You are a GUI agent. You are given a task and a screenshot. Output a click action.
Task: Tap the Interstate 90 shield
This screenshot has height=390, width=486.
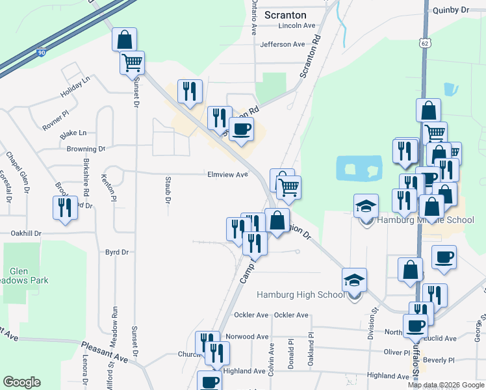(x=41, y=52)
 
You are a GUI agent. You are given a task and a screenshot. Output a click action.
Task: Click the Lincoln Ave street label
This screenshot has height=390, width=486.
(x=296, y=26)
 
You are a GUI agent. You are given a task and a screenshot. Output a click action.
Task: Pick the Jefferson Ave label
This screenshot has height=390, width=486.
(x=282, y=45)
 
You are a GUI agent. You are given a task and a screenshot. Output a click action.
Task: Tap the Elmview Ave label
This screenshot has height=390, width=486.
(x=227, y=175)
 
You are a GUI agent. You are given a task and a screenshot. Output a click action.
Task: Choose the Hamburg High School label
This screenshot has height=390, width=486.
(x=301, y=294)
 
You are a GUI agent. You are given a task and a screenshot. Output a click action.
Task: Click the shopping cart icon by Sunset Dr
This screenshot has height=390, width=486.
(x=132, y=62)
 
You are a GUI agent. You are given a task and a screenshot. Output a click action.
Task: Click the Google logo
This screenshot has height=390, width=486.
(x=21, y=382)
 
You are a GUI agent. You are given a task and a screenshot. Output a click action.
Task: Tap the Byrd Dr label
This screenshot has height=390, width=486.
(x=117, y=252)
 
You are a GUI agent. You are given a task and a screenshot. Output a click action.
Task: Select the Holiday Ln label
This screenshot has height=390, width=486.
(x=75, y=89)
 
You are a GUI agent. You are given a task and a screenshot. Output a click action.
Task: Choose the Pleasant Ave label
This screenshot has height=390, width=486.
(x=105, y=353)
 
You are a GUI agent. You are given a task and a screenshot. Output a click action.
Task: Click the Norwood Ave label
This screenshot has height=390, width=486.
(x=247, y=337)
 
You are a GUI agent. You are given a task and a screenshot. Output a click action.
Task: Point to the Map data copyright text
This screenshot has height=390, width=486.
(x=446, y=385)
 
